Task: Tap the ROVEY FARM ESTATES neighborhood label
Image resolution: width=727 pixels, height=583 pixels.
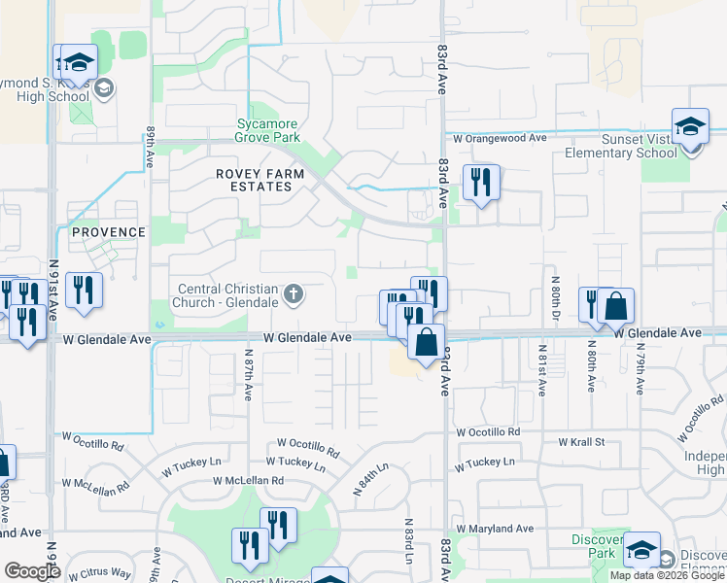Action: [260, 180]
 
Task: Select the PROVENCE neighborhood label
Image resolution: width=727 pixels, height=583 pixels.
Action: [108, 232]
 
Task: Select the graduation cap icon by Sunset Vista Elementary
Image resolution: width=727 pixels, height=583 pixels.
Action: [691, 127]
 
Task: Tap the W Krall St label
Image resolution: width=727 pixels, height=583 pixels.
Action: [581, 442]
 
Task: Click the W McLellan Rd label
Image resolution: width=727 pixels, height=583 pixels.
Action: [249, 480]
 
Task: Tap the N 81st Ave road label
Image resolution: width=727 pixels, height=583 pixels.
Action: [541, 369]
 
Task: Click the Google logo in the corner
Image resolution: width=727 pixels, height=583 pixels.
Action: [32, 572]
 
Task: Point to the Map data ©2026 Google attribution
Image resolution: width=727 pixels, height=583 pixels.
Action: [667, 575]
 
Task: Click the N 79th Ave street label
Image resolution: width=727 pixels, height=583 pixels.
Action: [640, 369]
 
